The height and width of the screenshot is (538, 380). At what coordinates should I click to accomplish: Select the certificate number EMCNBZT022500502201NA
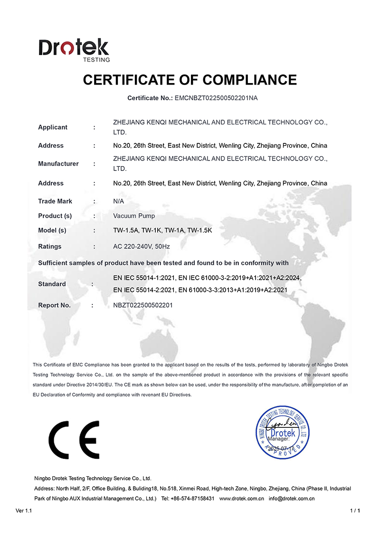(x=216, y=98)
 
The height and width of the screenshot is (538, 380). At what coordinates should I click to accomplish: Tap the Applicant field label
(x=53, y=127)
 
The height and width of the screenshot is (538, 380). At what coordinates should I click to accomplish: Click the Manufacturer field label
(x=58, y=164)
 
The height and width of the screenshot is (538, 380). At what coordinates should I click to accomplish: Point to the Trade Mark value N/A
(x=119, y=201)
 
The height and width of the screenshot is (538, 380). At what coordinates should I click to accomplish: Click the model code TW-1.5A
(x=125, y=230)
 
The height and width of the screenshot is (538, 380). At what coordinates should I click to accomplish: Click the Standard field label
(x=52, y=284)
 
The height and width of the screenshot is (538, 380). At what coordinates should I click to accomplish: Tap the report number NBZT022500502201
(x=142, y=305)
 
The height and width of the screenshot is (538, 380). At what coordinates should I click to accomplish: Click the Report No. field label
(x=54, y=305)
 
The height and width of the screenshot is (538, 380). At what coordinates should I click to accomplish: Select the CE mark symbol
(x=74, y=439)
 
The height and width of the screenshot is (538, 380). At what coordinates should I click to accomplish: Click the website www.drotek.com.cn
(x=242, y=499)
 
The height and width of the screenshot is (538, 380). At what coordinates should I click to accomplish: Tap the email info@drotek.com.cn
(x=292, y=499)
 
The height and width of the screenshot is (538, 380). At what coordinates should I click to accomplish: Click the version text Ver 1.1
(x=23, y=511)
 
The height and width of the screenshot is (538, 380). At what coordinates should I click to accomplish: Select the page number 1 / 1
(x=355, y=511)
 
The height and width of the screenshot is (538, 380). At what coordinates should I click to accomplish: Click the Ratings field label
(x=49, y=246)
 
